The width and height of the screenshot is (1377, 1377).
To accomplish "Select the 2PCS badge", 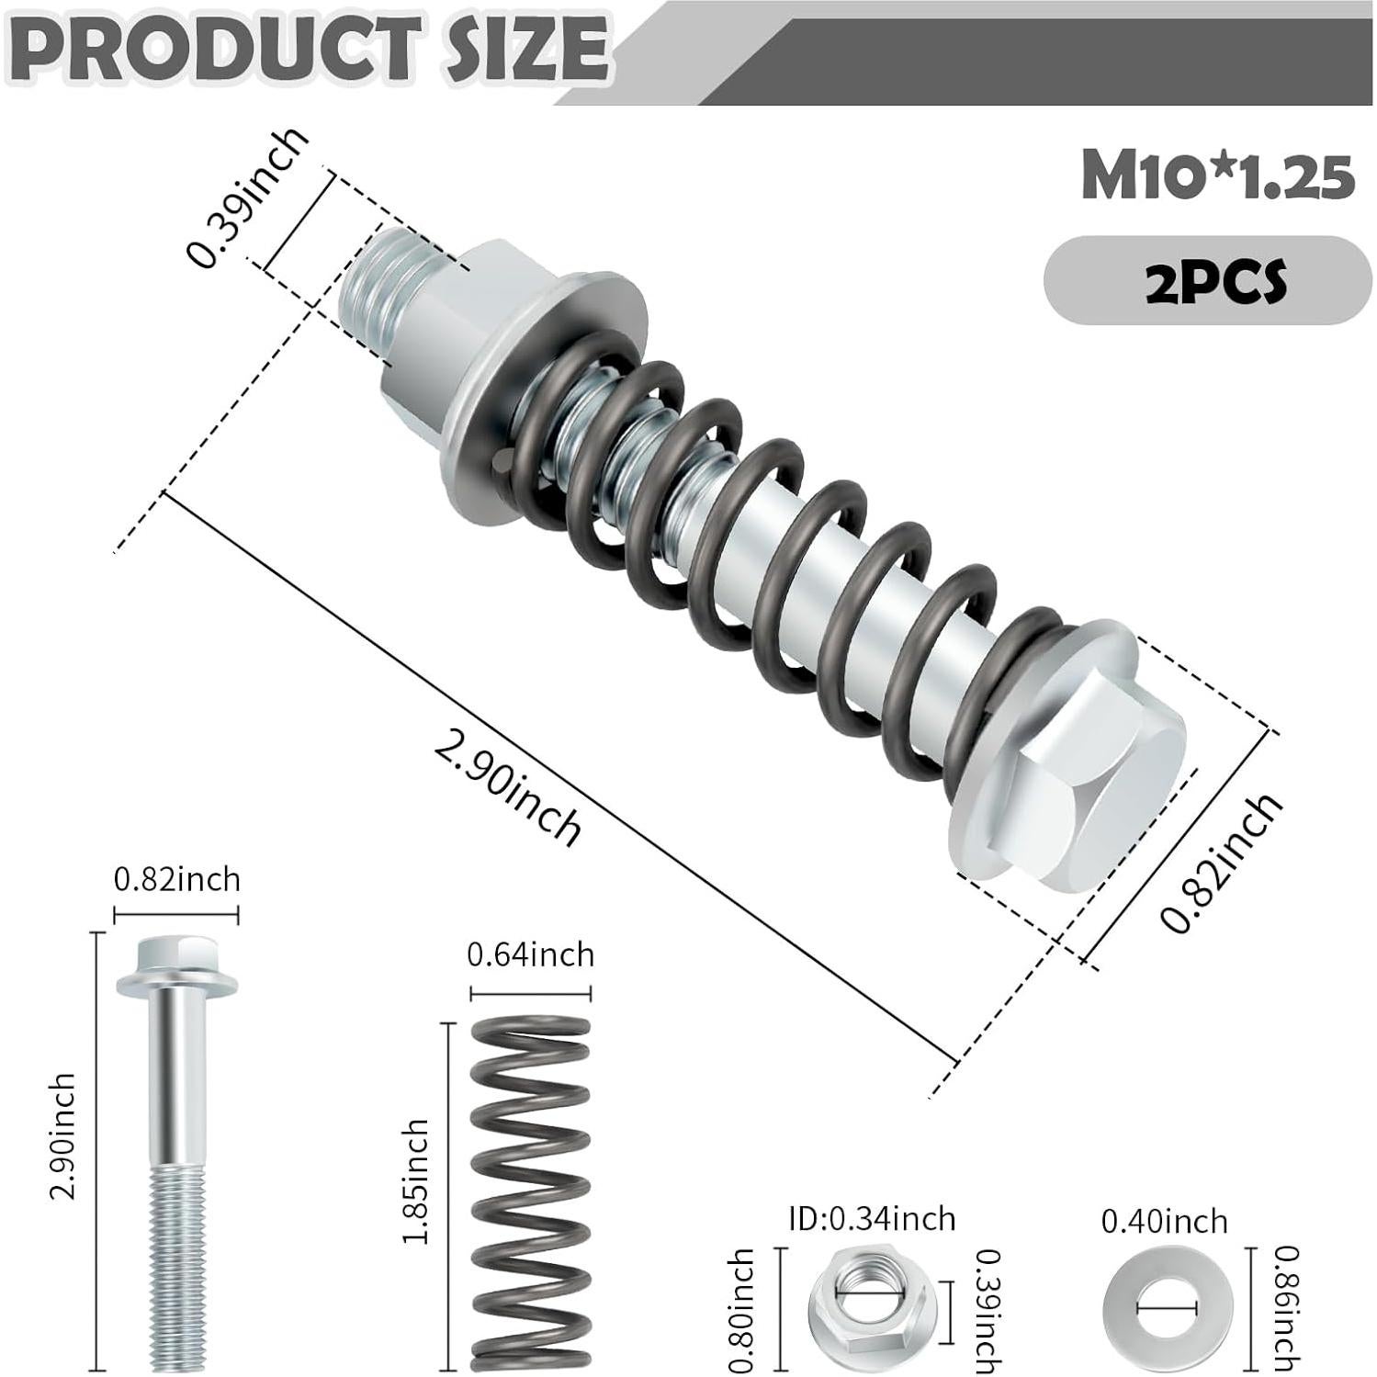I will [x=1214, y=281].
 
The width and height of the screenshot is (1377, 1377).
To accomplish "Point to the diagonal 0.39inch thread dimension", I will [x=246, y=198].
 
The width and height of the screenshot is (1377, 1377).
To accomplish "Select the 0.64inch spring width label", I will [x=530, y=955].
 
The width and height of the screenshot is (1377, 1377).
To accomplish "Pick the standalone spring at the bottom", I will [x=530, y=1194].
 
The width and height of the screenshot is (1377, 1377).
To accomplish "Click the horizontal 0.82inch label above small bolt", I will [x=176, y=879].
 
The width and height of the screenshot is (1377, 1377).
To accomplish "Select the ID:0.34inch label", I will [x=872, y=1219].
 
